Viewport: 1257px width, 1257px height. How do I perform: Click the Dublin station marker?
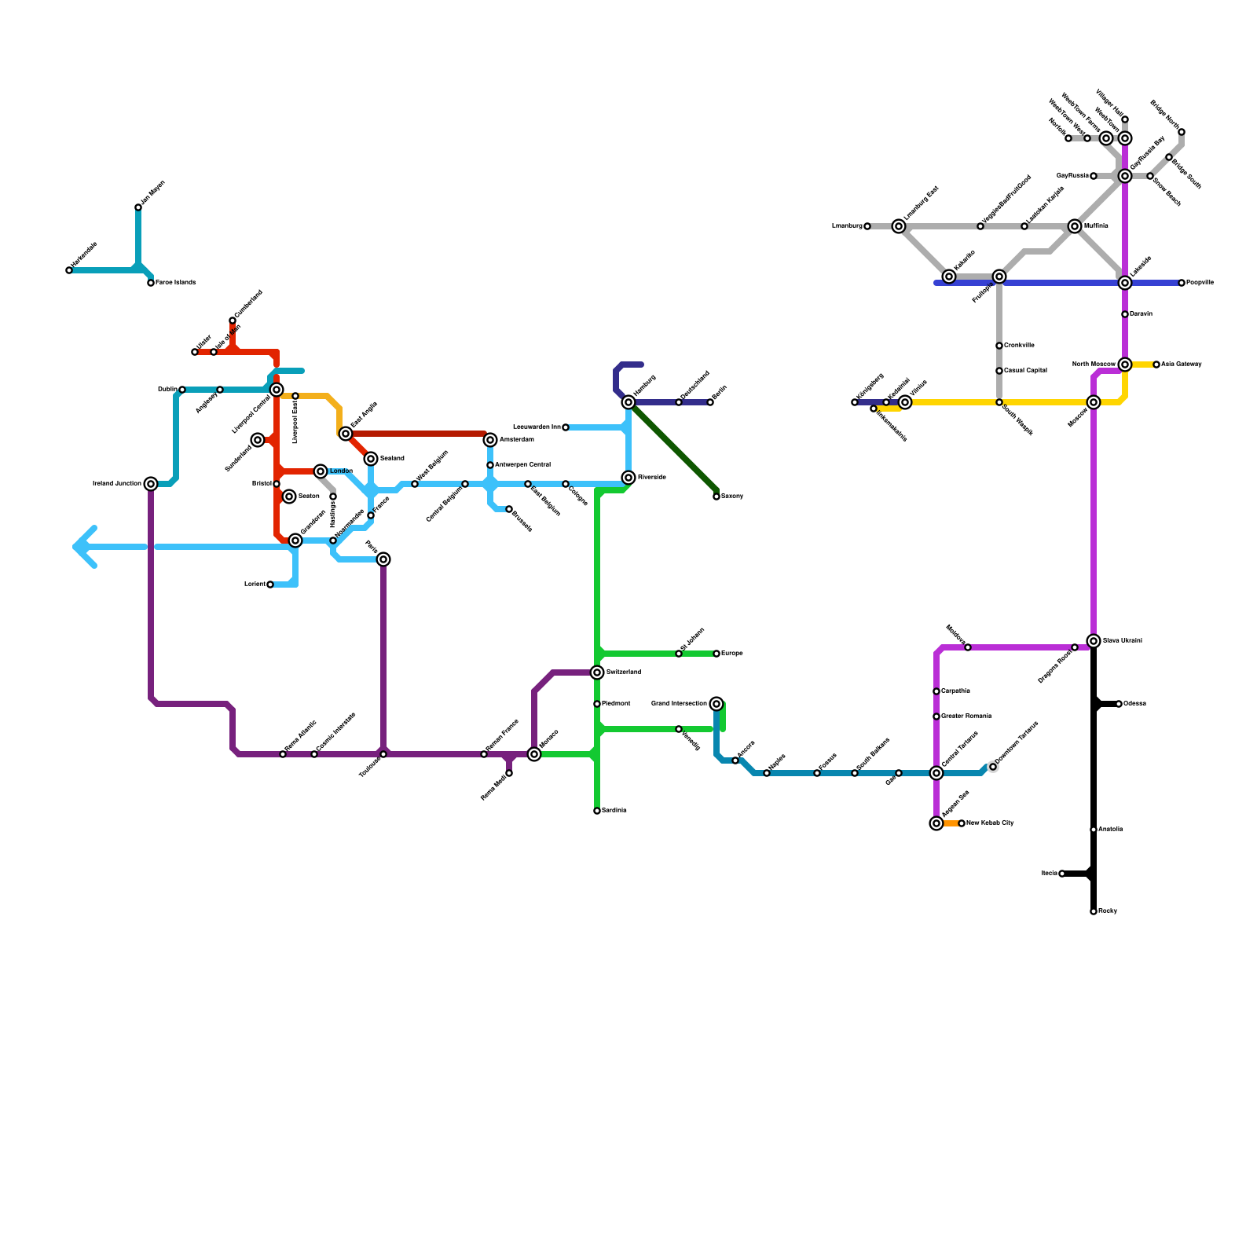pos(182,390)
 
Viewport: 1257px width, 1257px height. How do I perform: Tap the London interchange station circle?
pos(321,471)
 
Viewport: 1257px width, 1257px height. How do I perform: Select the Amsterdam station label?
pos(516,440)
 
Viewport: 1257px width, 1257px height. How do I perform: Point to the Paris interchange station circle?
pos(383,559)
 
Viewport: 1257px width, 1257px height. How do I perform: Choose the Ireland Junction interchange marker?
pos(151,484)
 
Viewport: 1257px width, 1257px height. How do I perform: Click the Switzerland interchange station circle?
pos(597,672)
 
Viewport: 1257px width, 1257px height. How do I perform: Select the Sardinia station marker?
pos(597,811)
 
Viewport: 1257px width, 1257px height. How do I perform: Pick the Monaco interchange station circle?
pos(534,754)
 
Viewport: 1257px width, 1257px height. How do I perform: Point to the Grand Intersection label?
pos(679,704)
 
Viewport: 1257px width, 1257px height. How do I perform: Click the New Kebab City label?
pos(990,823)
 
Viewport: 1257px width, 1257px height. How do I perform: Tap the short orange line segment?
pos(950,823)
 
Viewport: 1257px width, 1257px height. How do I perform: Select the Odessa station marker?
pos(1119,704)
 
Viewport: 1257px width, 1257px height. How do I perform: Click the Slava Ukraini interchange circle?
pos(1094,641)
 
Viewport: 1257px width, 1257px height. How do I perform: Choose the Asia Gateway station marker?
pos(1156,365)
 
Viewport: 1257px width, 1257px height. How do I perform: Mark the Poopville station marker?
pos(1182,283)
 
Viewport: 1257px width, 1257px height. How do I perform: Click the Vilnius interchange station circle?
pos(905,402)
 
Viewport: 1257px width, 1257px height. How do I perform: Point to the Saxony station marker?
pos(716,497)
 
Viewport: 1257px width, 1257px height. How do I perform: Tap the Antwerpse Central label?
pos(522,465)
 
